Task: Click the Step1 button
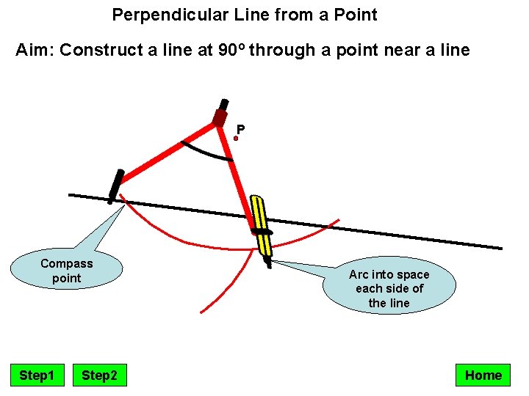37,375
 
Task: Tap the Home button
483,375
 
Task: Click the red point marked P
236,137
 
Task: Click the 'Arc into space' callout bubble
389,287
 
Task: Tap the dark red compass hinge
220,117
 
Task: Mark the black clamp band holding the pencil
262,232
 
